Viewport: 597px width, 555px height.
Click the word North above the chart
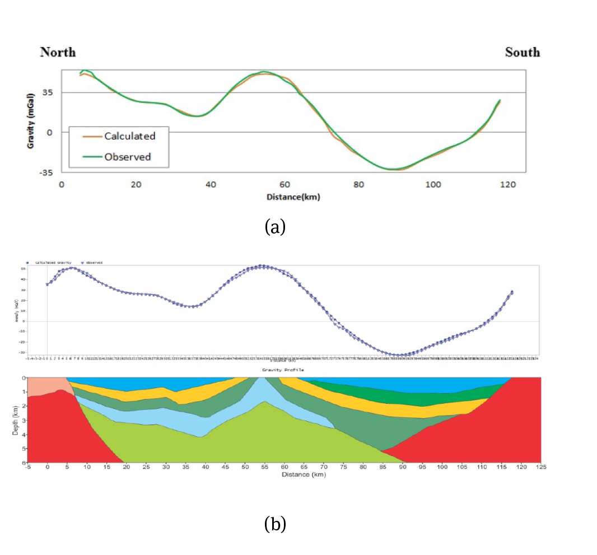point(58,52)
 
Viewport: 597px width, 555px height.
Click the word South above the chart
point(522,52)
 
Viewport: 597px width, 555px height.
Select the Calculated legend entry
point(129,136)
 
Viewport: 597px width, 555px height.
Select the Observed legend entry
point(127,157)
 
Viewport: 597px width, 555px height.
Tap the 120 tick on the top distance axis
point(507,184)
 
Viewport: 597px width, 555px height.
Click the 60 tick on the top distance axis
point(284,184)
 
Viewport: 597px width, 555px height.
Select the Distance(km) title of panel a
point(293,197)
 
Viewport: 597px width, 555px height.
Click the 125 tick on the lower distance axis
point(540,467)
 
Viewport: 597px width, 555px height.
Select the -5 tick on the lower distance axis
point(27,467)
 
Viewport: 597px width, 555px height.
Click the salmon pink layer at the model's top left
point(45,385)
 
